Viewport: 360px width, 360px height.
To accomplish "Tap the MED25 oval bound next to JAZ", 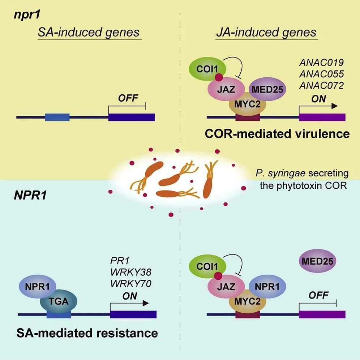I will [267, 89].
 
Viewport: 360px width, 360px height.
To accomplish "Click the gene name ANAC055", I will [321, 74].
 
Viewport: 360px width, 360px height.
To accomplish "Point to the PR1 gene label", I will [118, 261].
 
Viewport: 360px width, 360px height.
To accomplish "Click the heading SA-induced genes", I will [89, 32].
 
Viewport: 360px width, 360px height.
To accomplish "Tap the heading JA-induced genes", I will [266, 32].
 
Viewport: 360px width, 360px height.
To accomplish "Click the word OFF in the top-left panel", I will [127, 98].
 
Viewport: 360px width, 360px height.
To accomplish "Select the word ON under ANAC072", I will [319, 98].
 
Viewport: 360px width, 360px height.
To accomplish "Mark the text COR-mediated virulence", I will [277, 134].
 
